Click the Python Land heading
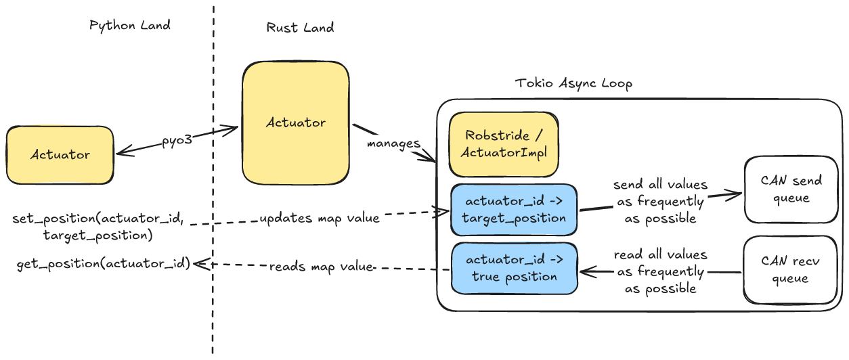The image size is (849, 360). click(x=130, y=26)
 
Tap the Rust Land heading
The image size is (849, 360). click(x=300, y=28)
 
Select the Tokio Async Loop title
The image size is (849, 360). click(x=573, y=84)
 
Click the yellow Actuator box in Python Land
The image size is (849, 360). click(x=60, y=154)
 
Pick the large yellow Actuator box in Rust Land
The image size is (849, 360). click(x=296, y=123)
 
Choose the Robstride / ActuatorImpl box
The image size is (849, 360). click(x=503, y=144)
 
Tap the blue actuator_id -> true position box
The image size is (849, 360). click(x=513, y=268)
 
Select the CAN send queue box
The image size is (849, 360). click(x=791, y=189)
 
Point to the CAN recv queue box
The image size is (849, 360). click(x=791, y=270)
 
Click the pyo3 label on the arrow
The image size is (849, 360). click(x=177, y=141)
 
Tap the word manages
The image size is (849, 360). click(x=393, y=144)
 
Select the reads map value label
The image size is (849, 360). click(x=322, y=267)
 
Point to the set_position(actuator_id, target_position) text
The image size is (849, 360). click(x=97, y=227)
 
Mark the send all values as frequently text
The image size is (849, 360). click(x=659, y=202)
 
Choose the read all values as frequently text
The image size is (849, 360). click(x=659, y=271)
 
